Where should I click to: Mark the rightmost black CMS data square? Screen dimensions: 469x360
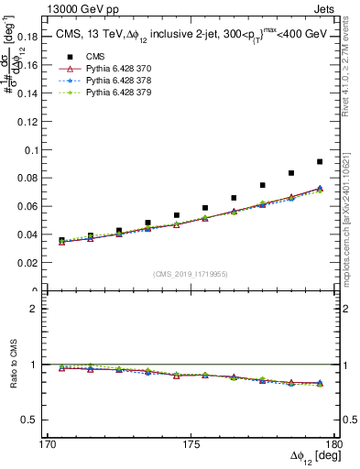click(319, 162)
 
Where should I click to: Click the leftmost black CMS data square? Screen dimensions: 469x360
click(61, 241)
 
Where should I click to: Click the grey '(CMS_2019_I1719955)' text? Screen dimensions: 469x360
click(191, 273)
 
